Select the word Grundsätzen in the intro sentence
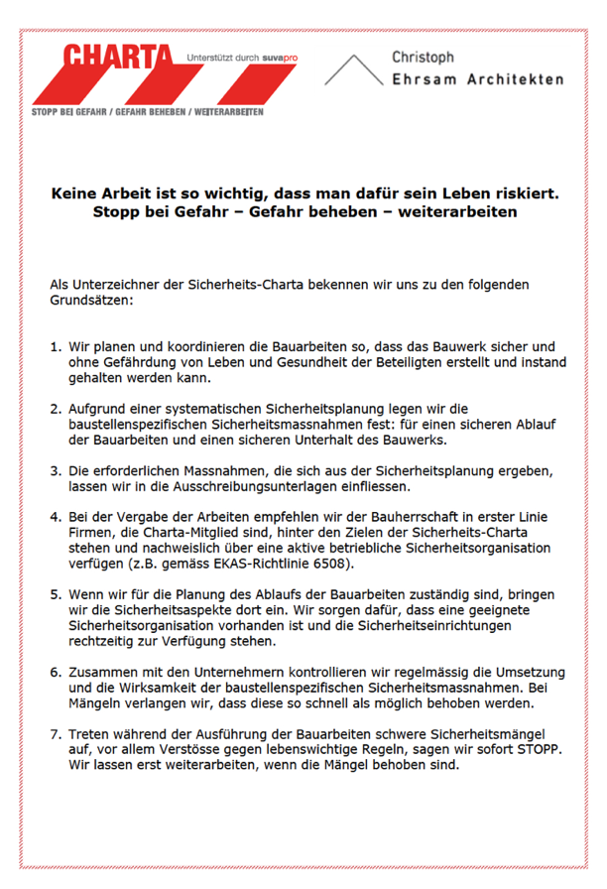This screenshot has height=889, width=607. click(x=90, y=299)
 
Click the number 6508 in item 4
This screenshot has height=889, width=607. click(x=333, y=565)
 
